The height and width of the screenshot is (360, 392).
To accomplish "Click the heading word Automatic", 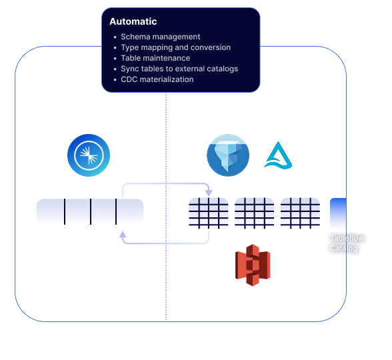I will tap(133, 21).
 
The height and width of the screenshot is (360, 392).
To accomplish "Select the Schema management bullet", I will tap(160, 37).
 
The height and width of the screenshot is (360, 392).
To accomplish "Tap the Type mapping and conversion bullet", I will tap(175, 48).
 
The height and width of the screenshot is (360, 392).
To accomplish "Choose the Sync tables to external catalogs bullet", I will tap(179, 69).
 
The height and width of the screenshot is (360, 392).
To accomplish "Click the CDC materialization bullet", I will tap(157, 79).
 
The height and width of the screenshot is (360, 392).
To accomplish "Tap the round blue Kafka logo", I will tap(89, 155).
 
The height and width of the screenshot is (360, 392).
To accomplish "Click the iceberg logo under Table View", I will tap(228, 155).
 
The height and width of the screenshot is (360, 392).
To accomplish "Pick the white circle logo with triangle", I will tap(278, 155).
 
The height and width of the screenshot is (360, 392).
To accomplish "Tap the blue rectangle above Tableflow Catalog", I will tap(339, 213).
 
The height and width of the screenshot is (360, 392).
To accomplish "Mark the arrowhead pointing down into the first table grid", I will tap(209, 193).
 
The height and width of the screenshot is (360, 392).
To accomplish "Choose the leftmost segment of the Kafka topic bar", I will tap(51, 211).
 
